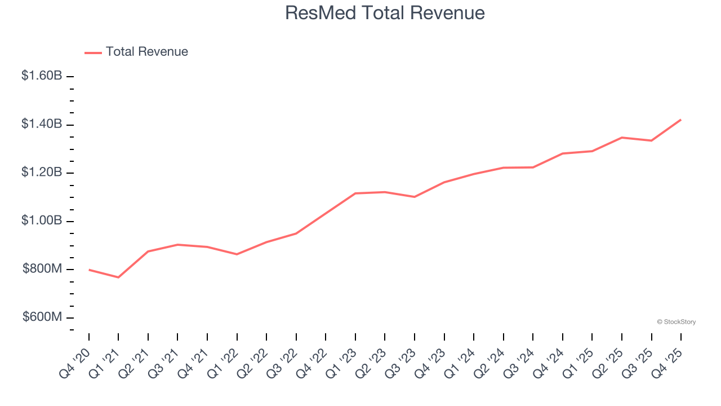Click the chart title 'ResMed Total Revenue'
385,13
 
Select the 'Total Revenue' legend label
146,52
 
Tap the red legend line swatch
93,52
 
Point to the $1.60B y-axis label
42,76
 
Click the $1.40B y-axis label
42,124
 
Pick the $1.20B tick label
42,173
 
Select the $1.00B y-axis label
42,220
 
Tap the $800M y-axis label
42,269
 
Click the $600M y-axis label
42,317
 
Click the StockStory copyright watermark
676,322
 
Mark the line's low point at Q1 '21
118,277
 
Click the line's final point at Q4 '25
681,120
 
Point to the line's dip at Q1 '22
237,254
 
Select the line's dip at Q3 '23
415,197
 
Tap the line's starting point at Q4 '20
89,270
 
